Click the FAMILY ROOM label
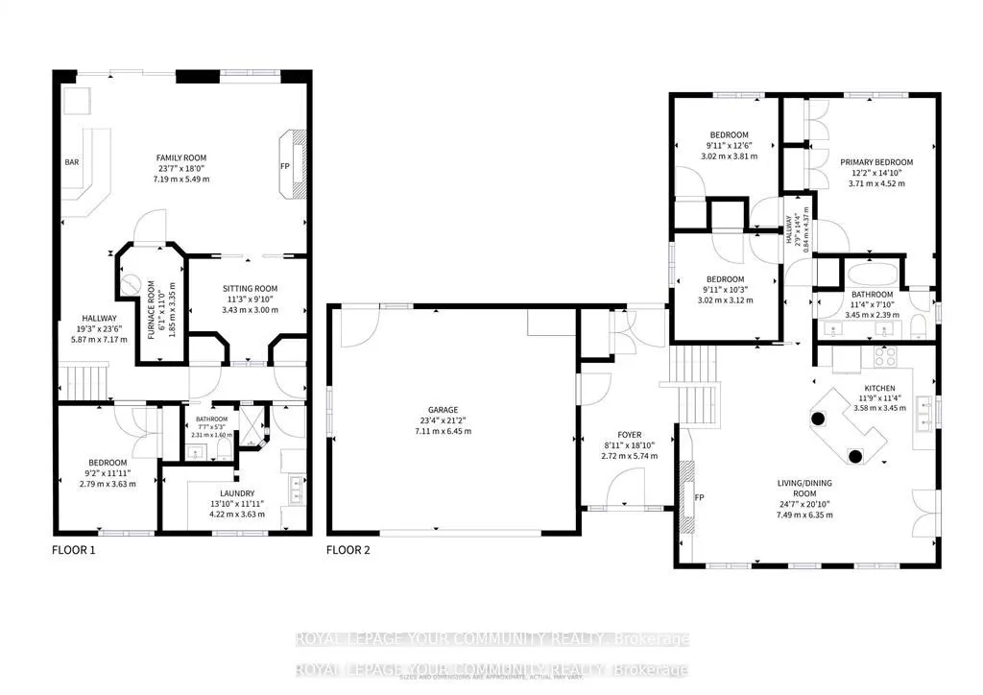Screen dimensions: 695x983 point(182,157)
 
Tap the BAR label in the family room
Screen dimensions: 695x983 point(72,162)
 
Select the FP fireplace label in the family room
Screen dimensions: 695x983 point(285,166)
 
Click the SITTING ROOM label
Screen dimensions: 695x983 point(251,288)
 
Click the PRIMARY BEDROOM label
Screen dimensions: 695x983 point(875,162)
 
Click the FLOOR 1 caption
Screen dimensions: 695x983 point(73,550)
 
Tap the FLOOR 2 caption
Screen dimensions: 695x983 point(348,550)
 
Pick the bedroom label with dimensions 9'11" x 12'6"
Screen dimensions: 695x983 point(729,135)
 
